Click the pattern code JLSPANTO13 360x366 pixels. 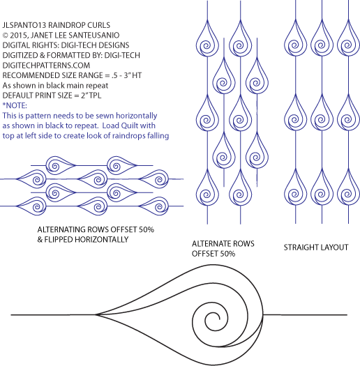coord(24,25)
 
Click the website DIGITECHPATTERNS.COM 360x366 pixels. coord(46,66)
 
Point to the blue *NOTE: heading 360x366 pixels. coord(15,105)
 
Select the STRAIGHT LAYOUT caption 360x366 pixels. coord(316,247)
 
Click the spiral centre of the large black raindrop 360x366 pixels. coord(216,319)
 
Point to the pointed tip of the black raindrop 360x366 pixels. coord(96,315)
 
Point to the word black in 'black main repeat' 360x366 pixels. coord(55,86)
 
